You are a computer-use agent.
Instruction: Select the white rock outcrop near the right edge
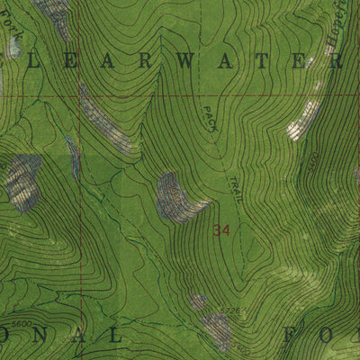(303, 120)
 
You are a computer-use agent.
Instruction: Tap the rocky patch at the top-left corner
(52, 13)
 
